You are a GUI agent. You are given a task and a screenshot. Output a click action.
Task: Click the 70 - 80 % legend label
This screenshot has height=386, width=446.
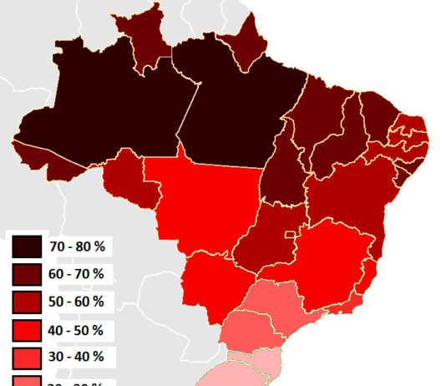click(76, 246)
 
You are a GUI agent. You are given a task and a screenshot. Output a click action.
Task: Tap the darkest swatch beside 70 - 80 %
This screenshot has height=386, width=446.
click(27, 246)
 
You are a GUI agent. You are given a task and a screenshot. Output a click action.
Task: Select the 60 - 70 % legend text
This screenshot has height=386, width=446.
click(76, 273)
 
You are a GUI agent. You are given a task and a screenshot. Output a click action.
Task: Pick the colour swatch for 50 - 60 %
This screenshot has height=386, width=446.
click(27, 301)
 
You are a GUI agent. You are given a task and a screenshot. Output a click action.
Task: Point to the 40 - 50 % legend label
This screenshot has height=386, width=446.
click(76, 329)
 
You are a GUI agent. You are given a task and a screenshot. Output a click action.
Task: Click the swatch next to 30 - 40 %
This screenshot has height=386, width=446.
click(27, 357)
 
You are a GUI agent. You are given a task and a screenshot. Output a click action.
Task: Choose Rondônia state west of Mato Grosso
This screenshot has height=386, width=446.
click(129, 180)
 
